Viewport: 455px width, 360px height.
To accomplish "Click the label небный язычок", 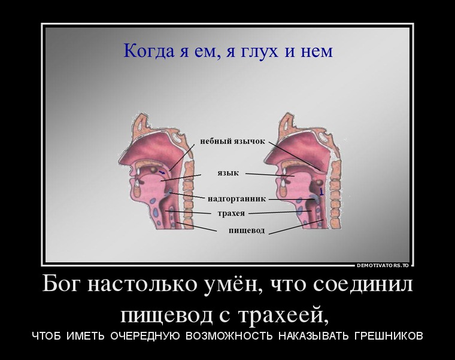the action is click(233, 141).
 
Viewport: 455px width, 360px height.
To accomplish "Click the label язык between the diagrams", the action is click(228, 173).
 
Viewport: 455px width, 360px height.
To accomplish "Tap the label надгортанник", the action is click(236, 199).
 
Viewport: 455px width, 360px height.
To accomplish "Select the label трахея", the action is click(231, 213).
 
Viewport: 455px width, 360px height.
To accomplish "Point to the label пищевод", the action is click(247, 231).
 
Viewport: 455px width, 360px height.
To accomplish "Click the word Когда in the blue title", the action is click(148, 51).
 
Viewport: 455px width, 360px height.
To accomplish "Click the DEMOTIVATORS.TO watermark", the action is click(383, 265).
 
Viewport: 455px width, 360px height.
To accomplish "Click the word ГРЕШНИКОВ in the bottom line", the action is click(389, 335).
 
